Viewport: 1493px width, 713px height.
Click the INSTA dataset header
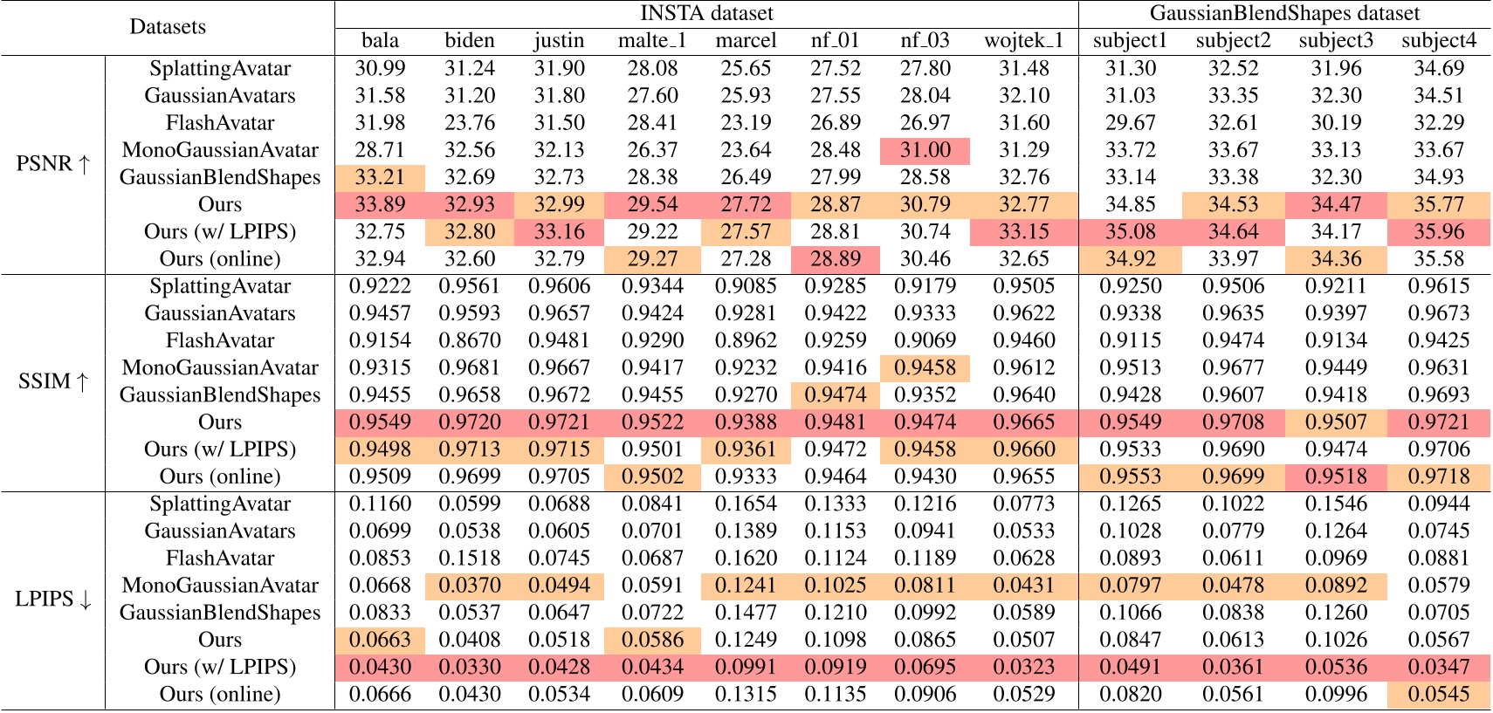(706, 13)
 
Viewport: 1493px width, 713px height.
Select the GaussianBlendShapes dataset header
(1284, 13)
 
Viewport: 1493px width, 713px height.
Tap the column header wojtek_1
(1023, 41)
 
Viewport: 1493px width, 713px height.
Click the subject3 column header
(1336, 41)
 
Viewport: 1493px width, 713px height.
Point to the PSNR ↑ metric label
(52, 163)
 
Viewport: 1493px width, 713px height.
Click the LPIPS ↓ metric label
(52, 599)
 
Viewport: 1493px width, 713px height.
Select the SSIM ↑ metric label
(52, 381)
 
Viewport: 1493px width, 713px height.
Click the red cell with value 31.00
(925, 150)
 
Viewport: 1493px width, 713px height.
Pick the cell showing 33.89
(380, 204)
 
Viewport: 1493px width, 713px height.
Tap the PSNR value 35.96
(1438, 231)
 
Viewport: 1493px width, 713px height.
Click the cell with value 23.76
(469, 123)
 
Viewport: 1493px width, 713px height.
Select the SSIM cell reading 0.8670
(469, 340)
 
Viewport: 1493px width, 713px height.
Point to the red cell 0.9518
(1336, 476)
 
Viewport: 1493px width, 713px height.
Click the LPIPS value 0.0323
(1023, 667)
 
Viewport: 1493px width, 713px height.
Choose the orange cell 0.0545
(1438, 694)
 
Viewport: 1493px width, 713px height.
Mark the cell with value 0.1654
(745, 504)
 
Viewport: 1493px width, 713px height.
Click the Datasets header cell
(167, 27)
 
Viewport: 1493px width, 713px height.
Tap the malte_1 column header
(652, 41)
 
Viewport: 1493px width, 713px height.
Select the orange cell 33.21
(380, 177)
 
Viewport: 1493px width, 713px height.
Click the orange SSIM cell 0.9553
(1130, 476)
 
